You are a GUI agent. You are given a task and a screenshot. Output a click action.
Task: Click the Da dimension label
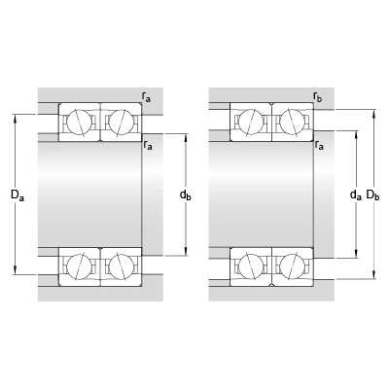[18, 195]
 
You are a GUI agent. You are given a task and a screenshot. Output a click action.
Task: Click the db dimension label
[186, 195]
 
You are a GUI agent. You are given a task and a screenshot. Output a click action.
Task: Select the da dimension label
[356, 194]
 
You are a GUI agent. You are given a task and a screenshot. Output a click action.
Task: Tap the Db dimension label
[372, 194]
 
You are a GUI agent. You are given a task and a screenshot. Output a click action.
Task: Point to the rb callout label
[318, 97]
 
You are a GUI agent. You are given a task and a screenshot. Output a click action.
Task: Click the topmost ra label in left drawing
[146, 97]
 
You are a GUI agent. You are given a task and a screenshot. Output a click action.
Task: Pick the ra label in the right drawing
[319, 145]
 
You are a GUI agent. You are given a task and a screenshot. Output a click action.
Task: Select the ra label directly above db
[148, 145]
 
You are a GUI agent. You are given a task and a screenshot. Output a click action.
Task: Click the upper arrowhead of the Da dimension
[16, 118]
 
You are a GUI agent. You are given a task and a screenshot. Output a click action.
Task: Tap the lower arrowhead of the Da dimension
[16, 270]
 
